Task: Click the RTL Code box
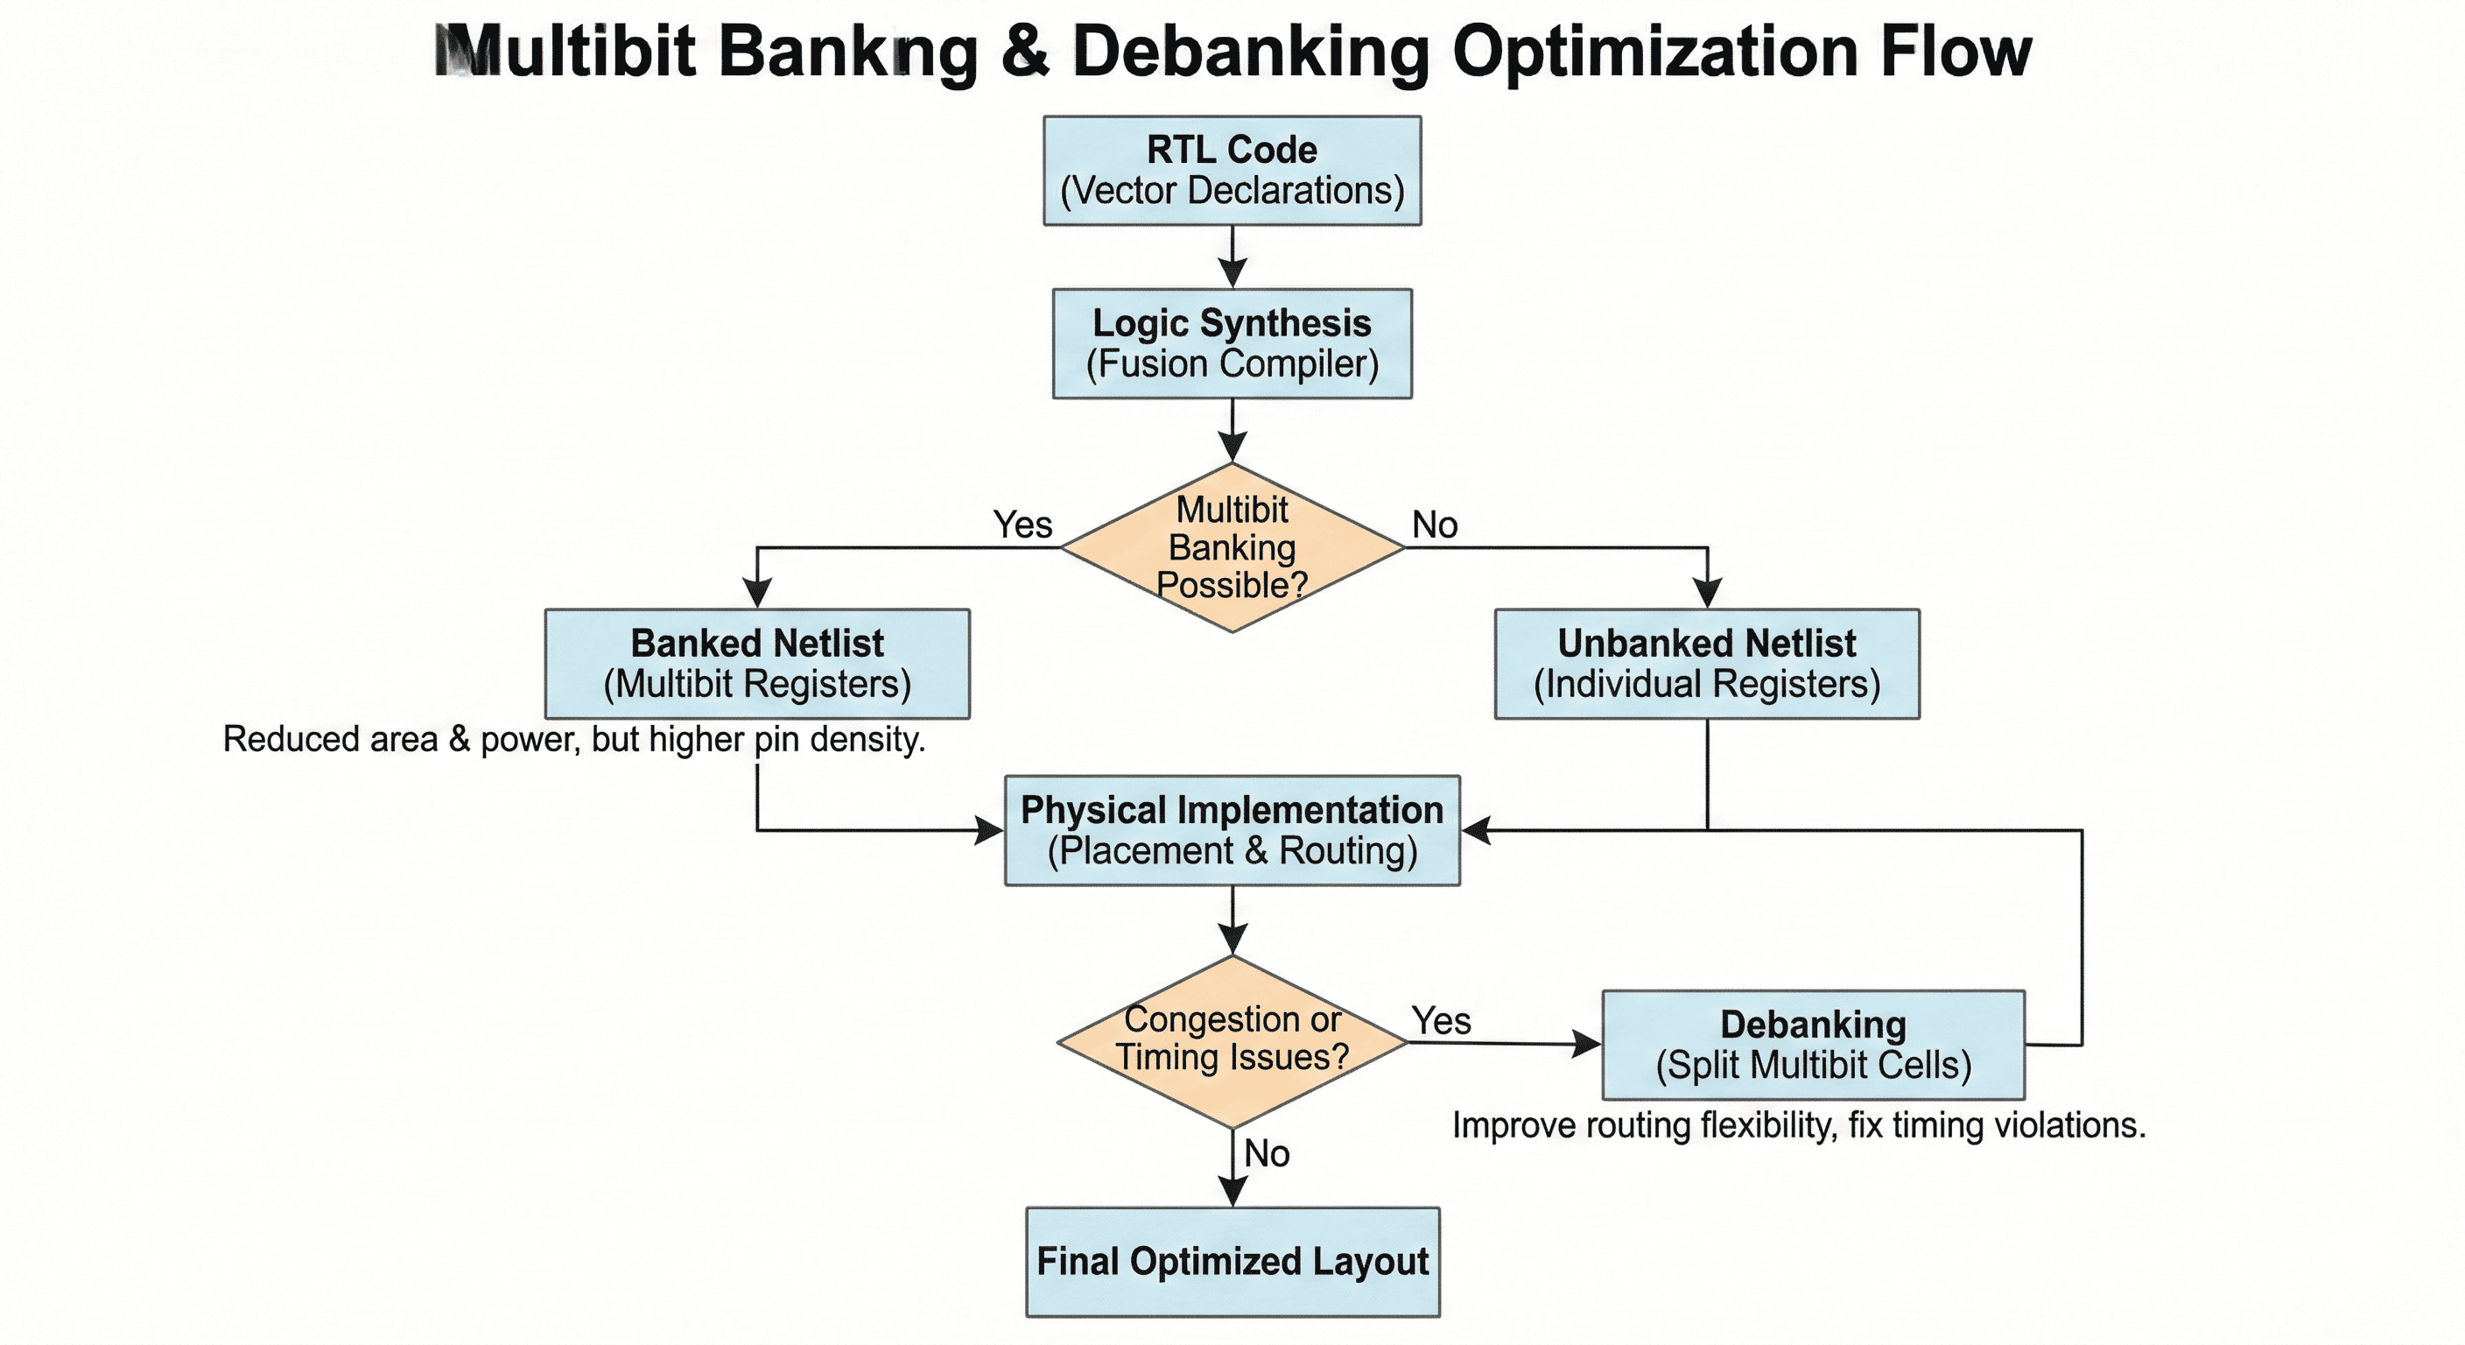click(x=1232, y=171)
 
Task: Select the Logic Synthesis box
click(x=1232, y=342)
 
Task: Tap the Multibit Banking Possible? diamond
click(x=1232, y=546)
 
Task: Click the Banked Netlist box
click(x=757, y=664)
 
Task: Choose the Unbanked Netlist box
click(x=1706, y=664)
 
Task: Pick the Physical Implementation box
click(x=1232, y=830)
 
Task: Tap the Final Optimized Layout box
click(x=1232, y=1261)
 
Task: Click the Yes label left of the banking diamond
click(x=1022, y=525)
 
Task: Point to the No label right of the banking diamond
click(x=1435, y=525)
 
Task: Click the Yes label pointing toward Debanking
click(x=1441, y=1020)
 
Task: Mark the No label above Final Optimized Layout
click(x=1266, y=1153)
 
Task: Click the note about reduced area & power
click(x=574, y=739)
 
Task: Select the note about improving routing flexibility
click(x=1799, y=1125)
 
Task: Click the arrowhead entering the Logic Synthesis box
click(x=1232, y=275)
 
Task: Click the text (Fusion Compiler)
click(x=1232, y=363)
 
